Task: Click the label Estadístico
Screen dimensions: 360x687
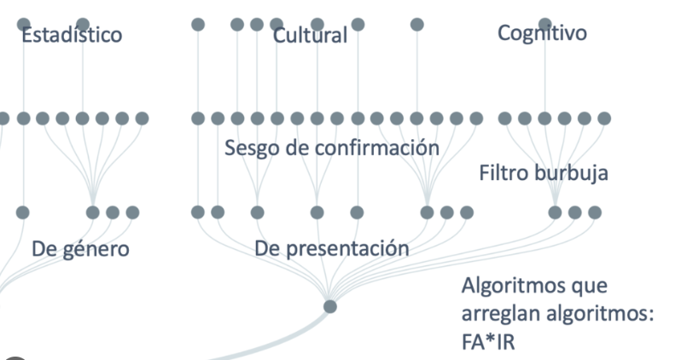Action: click(x=72, y=35)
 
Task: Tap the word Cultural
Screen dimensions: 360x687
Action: click(x=311, y=36)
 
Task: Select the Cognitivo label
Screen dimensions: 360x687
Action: click(x=542, y=33)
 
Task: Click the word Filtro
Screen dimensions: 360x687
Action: click(x=504, y=174)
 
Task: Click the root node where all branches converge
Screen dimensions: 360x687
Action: click(x=330, y=306)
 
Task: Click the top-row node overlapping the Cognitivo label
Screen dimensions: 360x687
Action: click(x=544, y=24)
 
